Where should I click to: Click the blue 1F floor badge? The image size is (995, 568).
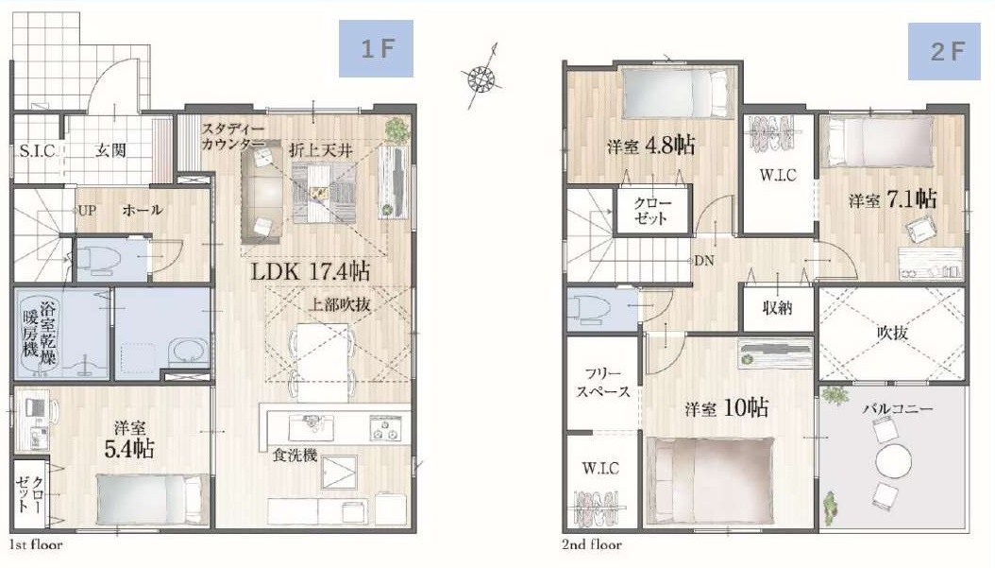[x=376, y=48]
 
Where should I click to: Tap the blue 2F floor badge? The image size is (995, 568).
[x=944, y=51]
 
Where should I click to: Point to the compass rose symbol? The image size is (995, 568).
[x=481, y=78]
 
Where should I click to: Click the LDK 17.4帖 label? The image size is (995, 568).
[x=311, y=272]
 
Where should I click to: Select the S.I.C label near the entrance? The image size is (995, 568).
[x=37, y=151]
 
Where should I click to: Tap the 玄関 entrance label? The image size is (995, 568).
[x=110, y=150]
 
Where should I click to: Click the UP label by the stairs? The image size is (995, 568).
[x=87, y=211]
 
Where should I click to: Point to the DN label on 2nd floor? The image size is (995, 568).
[x=703, y=261]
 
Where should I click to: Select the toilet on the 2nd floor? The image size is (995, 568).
[x=588, y=307]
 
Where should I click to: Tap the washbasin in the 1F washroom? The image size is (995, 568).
[x=187, y=353]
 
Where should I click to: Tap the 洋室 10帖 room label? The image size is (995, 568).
[x=727, y=408]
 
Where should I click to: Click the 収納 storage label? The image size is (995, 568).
[x=777, y=308]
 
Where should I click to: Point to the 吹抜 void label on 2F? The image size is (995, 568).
[x=893, y=333]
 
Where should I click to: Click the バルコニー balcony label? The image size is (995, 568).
[x=897, y=408]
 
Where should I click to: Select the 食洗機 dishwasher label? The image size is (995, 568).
[x=295, y=456]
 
